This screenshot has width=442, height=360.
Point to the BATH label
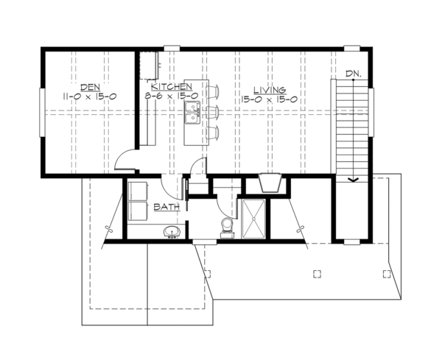(x=166, y=208)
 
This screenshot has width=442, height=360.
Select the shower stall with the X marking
(x=253, y=219)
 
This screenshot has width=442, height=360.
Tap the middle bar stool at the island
(x=214, y=113)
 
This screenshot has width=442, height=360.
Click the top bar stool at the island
(x=214, y=92)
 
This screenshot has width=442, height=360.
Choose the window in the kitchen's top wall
(x=170, y=49)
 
